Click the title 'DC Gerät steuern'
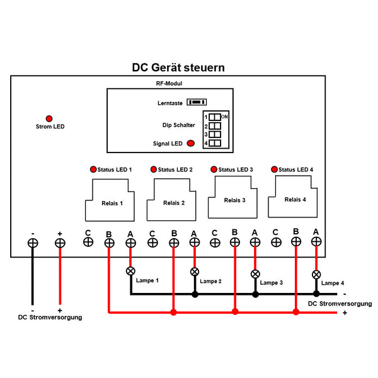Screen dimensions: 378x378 tap(178, 67)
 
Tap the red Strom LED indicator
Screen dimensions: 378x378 tap(49, 118)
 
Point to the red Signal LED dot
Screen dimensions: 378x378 tap(190, 144)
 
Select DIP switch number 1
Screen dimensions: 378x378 tap(215, 117)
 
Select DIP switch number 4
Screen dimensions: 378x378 tap(215, 144)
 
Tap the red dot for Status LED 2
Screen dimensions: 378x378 tap(153, 169)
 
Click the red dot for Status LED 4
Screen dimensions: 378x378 tap(274, 169)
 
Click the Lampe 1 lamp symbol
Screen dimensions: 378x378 tap(130, 272)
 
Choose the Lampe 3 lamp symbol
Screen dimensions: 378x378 tap(255, 274)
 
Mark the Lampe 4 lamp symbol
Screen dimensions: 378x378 tap(316, 275)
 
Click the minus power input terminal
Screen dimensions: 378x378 tap(32, 243)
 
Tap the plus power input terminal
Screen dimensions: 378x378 tap(60, 243)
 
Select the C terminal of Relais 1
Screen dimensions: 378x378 tap(88, 241)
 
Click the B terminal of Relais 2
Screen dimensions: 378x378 tap(173, 242)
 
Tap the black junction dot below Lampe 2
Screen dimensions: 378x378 tap(195, 294)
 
